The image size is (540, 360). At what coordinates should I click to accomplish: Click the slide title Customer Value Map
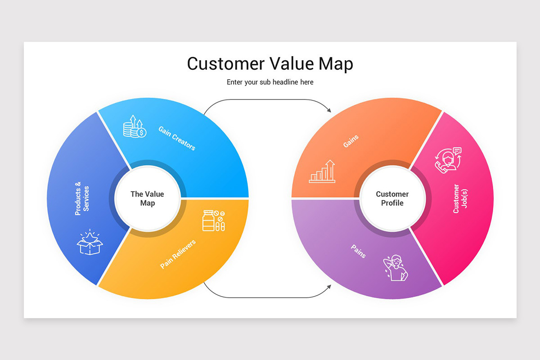click(x=270, y=64)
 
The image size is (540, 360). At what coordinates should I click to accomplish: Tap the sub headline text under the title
click(x=270, y=82)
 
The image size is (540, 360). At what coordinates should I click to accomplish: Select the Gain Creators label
click(x=177, y=139)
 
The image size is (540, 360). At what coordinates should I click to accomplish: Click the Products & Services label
click(x=82, y=198)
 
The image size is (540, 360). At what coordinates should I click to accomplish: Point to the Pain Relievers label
click(x=178, y=254)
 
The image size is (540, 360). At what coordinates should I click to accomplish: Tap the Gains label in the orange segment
click(x=351, y=141)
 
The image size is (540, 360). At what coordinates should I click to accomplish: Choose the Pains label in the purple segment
click(x=359, y=251)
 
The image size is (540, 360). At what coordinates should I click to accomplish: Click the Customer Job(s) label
click(x=460, y=198)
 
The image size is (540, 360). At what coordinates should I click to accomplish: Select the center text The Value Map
click(x=147, y=198)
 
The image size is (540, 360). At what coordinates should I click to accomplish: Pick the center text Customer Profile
click(x=392, y=198)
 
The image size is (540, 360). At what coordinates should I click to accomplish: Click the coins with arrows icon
click(x=135, y=126)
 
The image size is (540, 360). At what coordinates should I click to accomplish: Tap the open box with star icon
click(x=90, y=242)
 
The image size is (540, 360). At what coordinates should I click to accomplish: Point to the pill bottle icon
click(x=214, y=220)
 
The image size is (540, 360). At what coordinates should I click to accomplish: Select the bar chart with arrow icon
click(x=322, y=171)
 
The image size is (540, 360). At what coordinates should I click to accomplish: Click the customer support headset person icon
click(x=448, y=160)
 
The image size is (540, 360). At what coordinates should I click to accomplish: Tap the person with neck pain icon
click(x=396, y=268)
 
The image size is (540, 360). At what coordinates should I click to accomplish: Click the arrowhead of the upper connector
click(x=329, y=110)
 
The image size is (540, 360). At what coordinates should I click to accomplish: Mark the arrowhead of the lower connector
click(x=329, y=287)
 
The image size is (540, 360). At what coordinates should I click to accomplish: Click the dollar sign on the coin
click(x=141, y=133)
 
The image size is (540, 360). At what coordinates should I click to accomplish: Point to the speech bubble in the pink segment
click(x=457, y=151)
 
